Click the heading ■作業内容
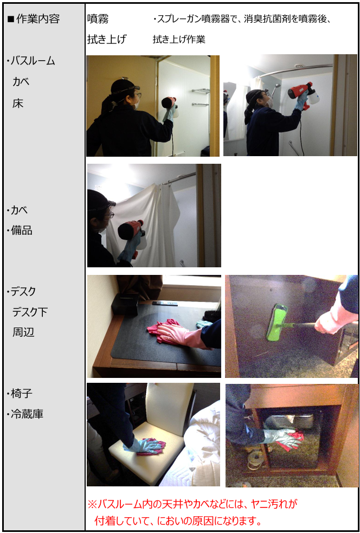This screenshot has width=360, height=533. click(x=33, y=19)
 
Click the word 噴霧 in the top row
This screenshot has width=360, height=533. click(x=98, y=19)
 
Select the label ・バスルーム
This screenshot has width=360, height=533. click(x=30, y=61)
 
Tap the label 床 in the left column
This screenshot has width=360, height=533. click(x=18, y=104)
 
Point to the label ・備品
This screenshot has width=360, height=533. click(x=20, y=230)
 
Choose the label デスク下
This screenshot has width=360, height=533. click(x=30, y=312)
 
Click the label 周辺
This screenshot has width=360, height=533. click(x=23, y=332)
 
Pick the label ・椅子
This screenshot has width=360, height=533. click(x=20, y=394)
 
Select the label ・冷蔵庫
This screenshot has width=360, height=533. click(x=25, y=414)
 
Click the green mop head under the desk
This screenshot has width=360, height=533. click(x=277, y=322)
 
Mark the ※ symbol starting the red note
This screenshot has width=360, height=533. click(x=93, y=504)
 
